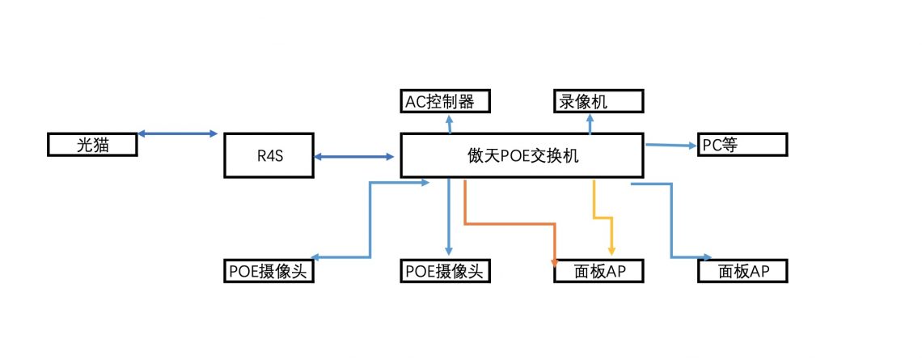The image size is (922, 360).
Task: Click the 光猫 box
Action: pyautogui.click(x=92, y=145)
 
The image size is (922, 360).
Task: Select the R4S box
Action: pyautogui.click(x=268, y=156)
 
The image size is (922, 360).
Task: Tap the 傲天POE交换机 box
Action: pyautogui.click(x=522, y=156)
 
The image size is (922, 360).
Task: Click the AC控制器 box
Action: pyautogui.click(x=446, y=102)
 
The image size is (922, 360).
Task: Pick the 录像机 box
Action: pyautogui.click(x=598, y=102)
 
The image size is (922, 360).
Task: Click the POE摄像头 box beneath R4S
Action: pyautogui.click(x=268, y=271)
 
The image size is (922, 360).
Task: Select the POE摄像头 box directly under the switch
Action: pyautogui.click(x=446, y=271)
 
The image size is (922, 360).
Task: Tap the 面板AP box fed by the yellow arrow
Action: pyautogui.click(x=598, y=271)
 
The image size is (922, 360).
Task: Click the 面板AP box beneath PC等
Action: pyautogui.click(x=742, y=271)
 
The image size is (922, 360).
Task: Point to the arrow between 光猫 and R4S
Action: pyautogui.click(x=178, y=133)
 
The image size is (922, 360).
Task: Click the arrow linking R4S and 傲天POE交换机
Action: pyautogui.click(x=357, y=156)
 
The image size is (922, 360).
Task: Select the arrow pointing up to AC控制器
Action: pyautogui.click(x=450, y=124)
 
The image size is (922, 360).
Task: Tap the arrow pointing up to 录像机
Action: pyautogui.click(x=590, y=124)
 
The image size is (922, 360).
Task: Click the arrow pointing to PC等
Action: pyautogui.click(x=671, y=146)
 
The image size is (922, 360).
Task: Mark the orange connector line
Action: pyautogui.click(x=510, y=222)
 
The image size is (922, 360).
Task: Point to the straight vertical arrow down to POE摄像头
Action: pyautogui.click(x=449, y=218)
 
